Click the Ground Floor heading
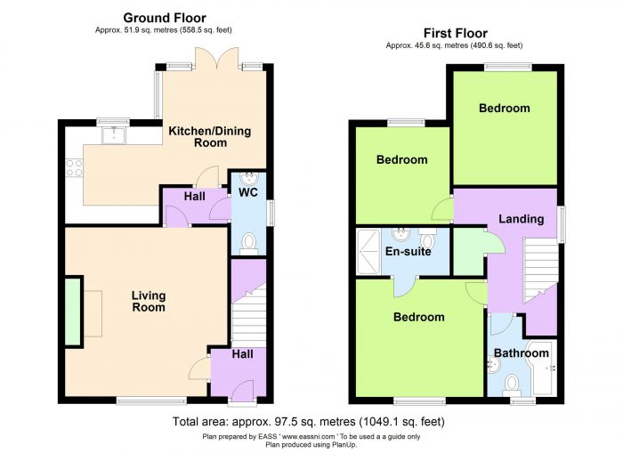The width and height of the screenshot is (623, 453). (165, 18)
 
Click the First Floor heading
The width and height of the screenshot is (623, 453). (456, 33)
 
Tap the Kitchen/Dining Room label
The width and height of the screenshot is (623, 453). (210, 137)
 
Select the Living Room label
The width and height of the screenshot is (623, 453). (149, 301)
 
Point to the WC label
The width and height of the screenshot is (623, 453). (248, 192)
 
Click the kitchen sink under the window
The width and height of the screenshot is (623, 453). (114, 135)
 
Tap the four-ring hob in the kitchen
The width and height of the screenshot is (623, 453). (74, 167)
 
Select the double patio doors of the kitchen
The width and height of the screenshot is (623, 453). (217, 59)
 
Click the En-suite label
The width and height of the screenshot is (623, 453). (408, 252)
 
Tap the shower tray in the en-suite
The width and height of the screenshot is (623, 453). (368, 252)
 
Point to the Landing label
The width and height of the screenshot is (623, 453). (522, 219)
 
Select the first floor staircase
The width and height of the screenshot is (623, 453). (540, 270)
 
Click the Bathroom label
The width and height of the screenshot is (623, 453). (522, 353)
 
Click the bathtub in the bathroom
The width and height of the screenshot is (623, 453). (544, 368)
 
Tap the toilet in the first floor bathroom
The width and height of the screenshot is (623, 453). (512, 385)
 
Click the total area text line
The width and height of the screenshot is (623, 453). (308, 422)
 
